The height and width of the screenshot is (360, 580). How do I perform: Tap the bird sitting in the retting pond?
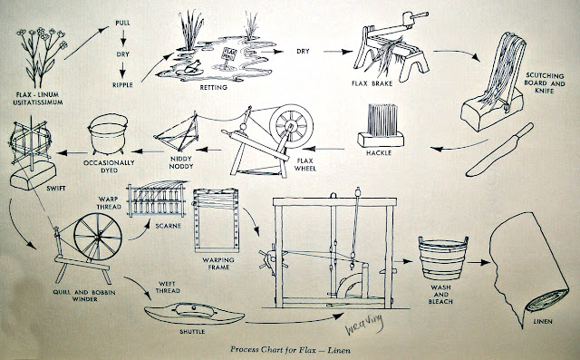click(191, 66)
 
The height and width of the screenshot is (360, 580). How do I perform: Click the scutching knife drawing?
click(499, 149)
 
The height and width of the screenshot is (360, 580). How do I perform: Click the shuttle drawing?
click(194, 314)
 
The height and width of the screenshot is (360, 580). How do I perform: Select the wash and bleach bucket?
click(443, 258)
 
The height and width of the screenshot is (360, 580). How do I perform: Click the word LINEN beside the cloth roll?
click(542, 321)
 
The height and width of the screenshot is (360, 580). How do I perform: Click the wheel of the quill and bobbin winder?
click(98, 237)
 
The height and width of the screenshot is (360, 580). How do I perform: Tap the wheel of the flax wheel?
click(292, 124)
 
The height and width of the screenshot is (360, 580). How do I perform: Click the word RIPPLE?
click(122, 84)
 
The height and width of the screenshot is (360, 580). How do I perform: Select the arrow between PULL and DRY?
click(123, 38)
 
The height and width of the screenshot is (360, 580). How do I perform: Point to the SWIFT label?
click(56, 189)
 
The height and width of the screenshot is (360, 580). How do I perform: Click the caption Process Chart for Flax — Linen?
click(290, 349)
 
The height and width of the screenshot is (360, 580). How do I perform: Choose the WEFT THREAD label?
click(168, 287)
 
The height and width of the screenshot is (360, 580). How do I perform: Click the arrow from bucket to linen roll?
click(478, 262)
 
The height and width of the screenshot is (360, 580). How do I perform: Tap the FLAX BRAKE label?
click(372, 83)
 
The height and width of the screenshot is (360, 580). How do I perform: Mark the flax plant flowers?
click(43, 37)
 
